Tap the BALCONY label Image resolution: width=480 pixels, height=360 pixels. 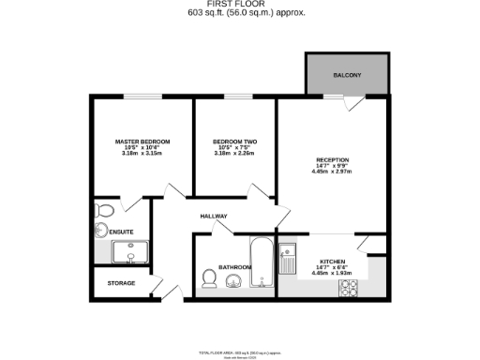click(347, 75)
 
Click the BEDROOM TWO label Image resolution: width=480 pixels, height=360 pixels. click(234, 142)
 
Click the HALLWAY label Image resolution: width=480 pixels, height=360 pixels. click(215, 217)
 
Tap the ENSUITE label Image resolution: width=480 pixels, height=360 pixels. click(121, 231)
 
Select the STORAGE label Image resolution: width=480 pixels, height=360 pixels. click(120, 282)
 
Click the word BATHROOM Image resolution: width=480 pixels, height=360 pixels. click(233, 267)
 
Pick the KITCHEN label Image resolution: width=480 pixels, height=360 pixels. click(333, 261)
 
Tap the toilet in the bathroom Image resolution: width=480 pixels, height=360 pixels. click(209, 278)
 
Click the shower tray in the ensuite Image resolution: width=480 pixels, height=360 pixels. click(126, 251)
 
